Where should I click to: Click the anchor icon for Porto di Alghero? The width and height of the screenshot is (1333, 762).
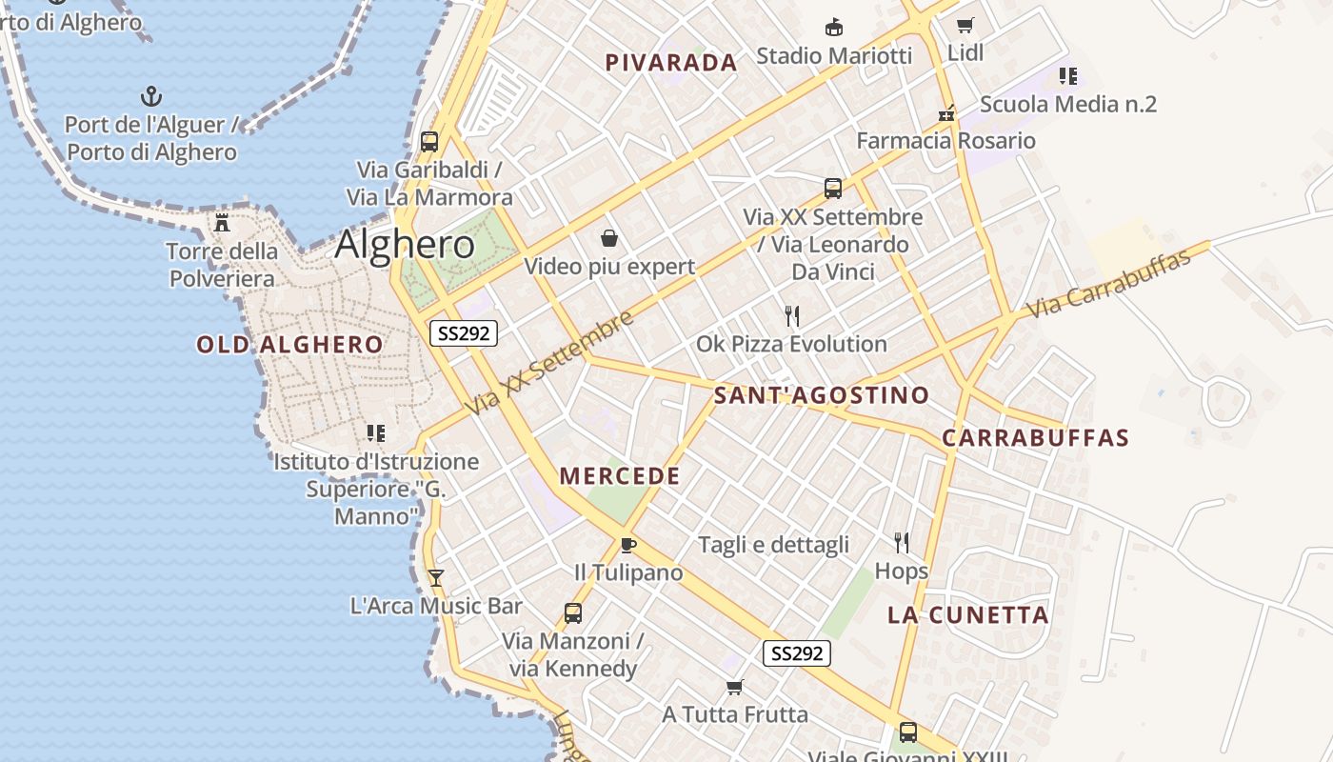coord(151,96)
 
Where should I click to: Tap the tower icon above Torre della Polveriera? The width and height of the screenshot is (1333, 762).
coord(222,223)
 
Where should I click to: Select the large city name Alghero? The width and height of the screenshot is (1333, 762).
coord(405,245)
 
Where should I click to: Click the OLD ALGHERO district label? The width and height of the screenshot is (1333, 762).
coord(290,345)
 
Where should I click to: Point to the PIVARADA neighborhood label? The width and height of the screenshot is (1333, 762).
coord(671,63)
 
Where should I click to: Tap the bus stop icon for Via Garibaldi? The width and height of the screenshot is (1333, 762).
coord(429,142)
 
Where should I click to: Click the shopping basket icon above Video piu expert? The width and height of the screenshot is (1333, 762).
coord(609,238)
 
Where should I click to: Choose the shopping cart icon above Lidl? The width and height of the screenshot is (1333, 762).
coord(965,26)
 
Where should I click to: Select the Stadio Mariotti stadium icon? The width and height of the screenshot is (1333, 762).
coord(834,27)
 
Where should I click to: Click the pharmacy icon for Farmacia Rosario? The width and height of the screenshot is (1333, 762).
coord(946,113)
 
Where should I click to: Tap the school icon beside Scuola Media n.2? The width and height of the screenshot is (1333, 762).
coord(1068,75)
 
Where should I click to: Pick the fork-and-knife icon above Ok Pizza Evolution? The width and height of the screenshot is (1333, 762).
coord(791,316)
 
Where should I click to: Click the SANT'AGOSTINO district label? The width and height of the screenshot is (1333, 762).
coord(822,395)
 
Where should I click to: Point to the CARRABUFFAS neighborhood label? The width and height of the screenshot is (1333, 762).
coord(1035,438)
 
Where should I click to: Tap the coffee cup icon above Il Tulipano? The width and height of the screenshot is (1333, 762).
coord(627,545)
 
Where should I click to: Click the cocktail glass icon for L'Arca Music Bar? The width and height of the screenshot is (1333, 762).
coord(436,577)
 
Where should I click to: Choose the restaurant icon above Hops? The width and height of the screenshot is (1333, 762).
coord(902,543)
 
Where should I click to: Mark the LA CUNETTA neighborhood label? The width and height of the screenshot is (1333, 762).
coord(968,615)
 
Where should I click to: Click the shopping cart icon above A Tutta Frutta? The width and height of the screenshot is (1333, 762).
coord(734,687)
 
